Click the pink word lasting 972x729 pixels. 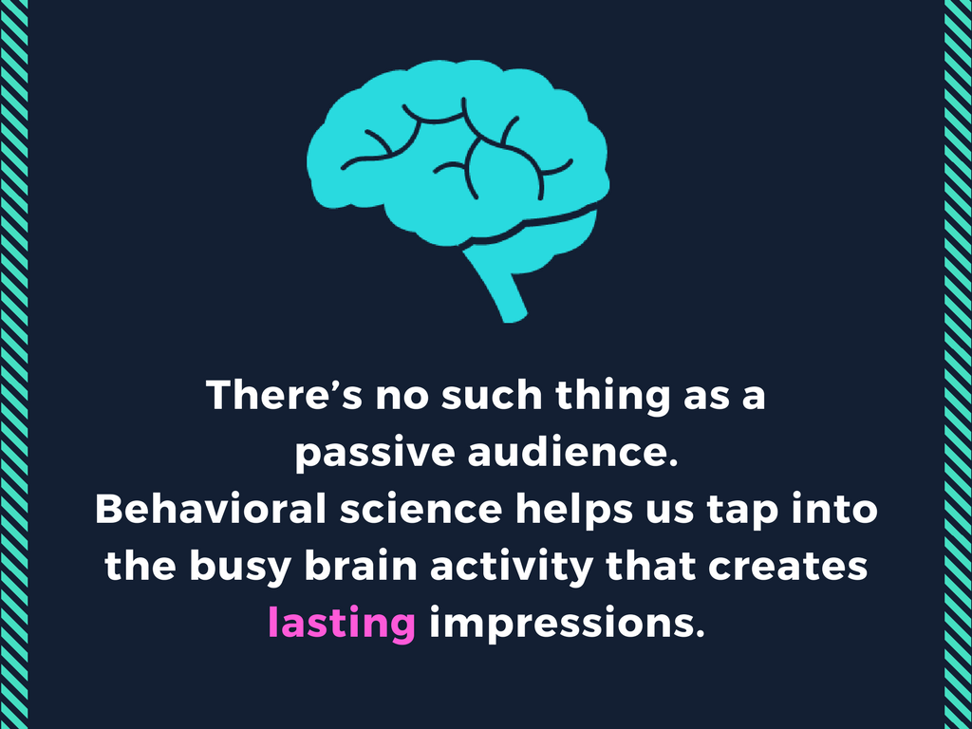pyautogui.click(x=341, y=624)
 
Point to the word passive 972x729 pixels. pyautogui.click(x=374, y=453)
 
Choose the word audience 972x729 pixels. pyautogui.click(x=573, y=453)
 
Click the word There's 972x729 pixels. pyautogui.click(x=285, y=395)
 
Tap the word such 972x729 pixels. pyautogui.click(x=495, y=395)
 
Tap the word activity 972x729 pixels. pyautogui.click(x=516, y=567)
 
